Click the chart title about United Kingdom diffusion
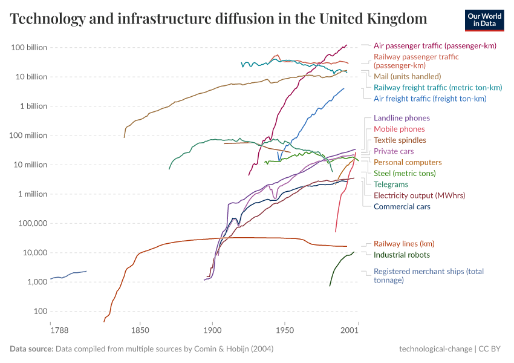tap(219, 19)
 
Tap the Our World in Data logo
tap(484, 19)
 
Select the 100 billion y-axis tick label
tap(30, 47)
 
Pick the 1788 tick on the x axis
tap(59, 331)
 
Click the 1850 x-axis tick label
tap(140, 331)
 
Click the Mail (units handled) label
tap(407, 76)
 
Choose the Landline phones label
tap(402, 118)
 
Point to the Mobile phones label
tap(399, 129)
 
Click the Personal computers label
tap(408, 162)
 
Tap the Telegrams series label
tap(391, 184)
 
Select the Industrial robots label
tap(402, 255)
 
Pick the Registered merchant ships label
tap(428, 275)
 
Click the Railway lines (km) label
tap(404, 244)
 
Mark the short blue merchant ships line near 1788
tap(70, 275)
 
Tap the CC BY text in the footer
tap(492, 349)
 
